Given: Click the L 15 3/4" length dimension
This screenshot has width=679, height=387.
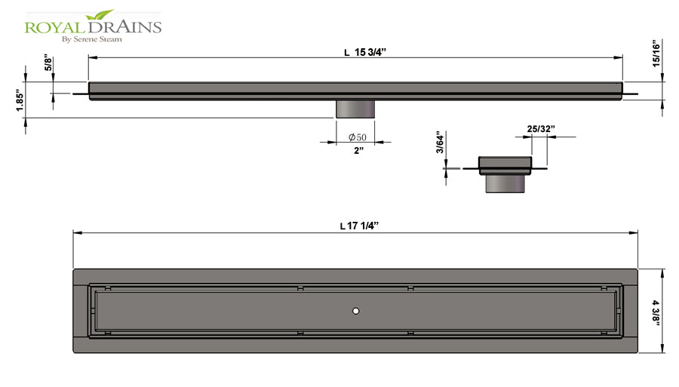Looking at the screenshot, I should [370, 52].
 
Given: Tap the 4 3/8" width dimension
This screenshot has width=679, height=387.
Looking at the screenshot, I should [657, 312].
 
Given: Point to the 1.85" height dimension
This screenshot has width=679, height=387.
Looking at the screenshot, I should [20, 99].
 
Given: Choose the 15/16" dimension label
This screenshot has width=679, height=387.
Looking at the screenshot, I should [657, 54].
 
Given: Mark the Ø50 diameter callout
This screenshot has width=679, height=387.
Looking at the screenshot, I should [358, 137].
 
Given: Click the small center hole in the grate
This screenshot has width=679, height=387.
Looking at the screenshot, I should [355, 311].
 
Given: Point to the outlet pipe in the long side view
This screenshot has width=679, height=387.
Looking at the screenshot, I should [355, 108].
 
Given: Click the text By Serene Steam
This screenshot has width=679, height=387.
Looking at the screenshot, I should [94, 39].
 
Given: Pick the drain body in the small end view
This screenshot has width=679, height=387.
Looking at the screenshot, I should [506, 164].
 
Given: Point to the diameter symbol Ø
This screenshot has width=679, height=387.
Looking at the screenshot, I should [352, 137].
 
